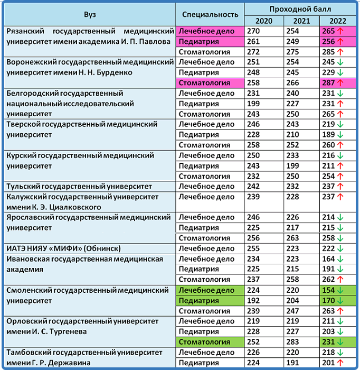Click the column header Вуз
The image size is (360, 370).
pyautogui.click(x=89, y=14)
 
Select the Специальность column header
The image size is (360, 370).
pyautogui.click(x=210, y=14)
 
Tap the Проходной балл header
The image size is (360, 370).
pyautogui.click(x=300, y=9)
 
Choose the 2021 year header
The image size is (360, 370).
pyautogui.click(x=301, y=21)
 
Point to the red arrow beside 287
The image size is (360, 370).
pyautogui.click(x=340, y=83)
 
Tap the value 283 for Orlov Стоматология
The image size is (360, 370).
pyautogui.click(x=292, y=342)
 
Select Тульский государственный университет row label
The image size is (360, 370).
pyautogui.click(x=79, y=187)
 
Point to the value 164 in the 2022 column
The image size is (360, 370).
pyautogui.click(x=329, y=259)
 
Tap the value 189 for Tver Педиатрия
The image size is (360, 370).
pyautogui.click(x=329, y=135)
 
